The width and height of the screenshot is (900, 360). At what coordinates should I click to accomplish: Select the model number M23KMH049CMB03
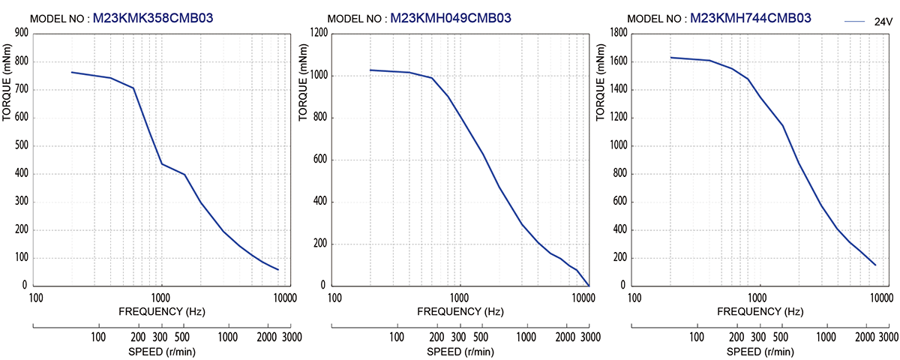coord(451,18)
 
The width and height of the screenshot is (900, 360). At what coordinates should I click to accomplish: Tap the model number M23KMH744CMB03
coord(750,18)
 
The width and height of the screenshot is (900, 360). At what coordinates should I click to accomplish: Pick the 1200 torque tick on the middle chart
coord(318,33)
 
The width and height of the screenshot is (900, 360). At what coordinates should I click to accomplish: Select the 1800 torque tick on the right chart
coord(617,33)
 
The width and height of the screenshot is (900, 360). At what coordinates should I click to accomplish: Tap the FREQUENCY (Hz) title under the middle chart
coord(460,310)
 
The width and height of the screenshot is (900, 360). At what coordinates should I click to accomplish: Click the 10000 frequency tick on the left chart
coord(285,298)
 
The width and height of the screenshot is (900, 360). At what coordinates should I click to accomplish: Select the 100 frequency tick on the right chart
coord(634,298)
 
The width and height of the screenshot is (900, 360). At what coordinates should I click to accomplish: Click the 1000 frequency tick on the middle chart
coord(460,298)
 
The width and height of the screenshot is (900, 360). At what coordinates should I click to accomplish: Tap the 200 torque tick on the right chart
coord(619,258)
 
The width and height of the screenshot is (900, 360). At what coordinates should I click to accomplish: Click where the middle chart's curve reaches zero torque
coord(589,286)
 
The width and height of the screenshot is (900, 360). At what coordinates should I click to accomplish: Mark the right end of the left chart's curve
coord(278,270)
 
